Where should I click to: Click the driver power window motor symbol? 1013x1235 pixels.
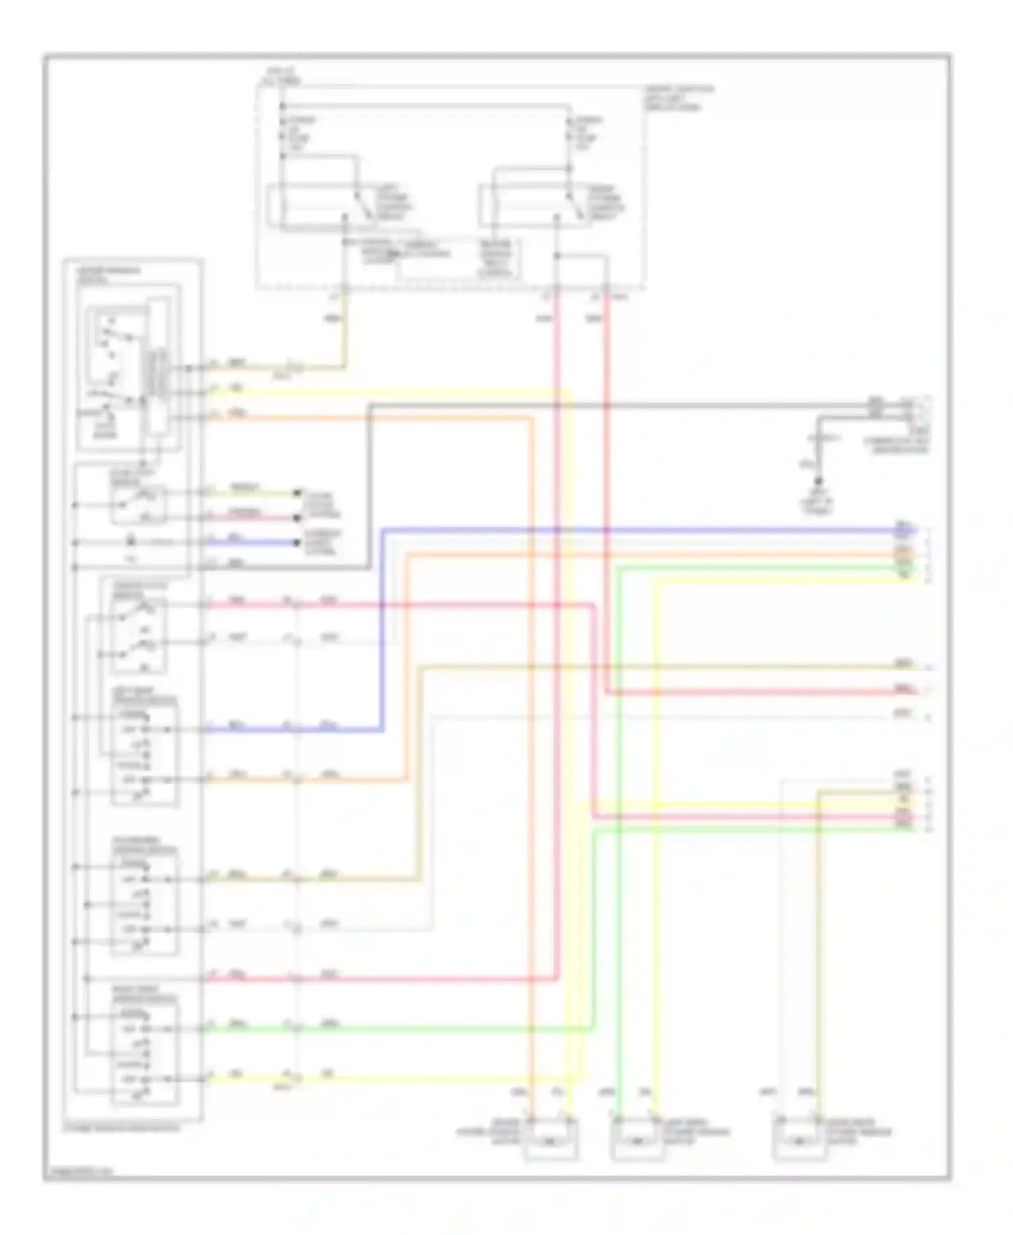coord(550,1142)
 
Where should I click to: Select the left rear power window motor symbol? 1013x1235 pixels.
coord(637,1142)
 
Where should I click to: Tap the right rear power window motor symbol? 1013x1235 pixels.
coord(800,1142)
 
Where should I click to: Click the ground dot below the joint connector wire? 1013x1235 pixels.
coord(819,482)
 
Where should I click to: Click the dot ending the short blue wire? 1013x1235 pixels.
coord(297,543)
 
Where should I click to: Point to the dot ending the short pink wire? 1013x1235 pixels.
coord(297,518)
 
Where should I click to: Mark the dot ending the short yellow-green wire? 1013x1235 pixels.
coord(297,493)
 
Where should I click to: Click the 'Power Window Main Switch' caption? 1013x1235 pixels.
coord(122,1128)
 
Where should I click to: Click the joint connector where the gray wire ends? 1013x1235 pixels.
coord(908,408)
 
